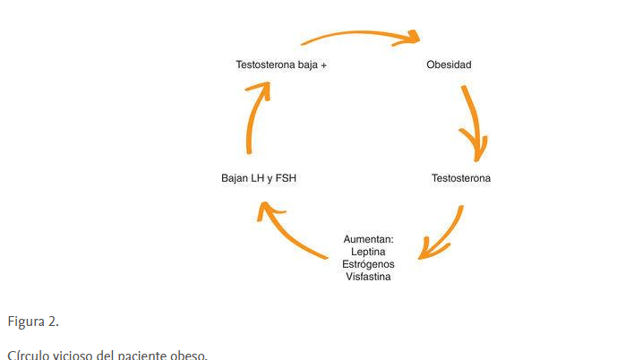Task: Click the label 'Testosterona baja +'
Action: click(280, 64)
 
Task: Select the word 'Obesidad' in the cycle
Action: click(449, 64)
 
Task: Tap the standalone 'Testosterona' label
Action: click(460, 178)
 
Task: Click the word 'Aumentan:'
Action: click(368, 239)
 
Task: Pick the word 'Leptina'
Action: click(368, 252)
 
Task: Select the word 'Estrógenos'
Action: click(368, 264)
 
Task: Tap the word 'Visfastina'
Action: click(368, 277)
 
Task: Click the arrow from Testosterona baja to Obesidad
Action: click(358, 35)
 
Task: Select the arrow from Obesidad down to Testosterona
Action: click(476, 121)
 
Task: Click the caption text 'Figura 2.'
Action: click(33, 321)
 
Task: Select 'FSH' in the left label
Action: click(285, 178)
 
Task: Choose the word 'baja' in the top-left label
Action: click(306, 64)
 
